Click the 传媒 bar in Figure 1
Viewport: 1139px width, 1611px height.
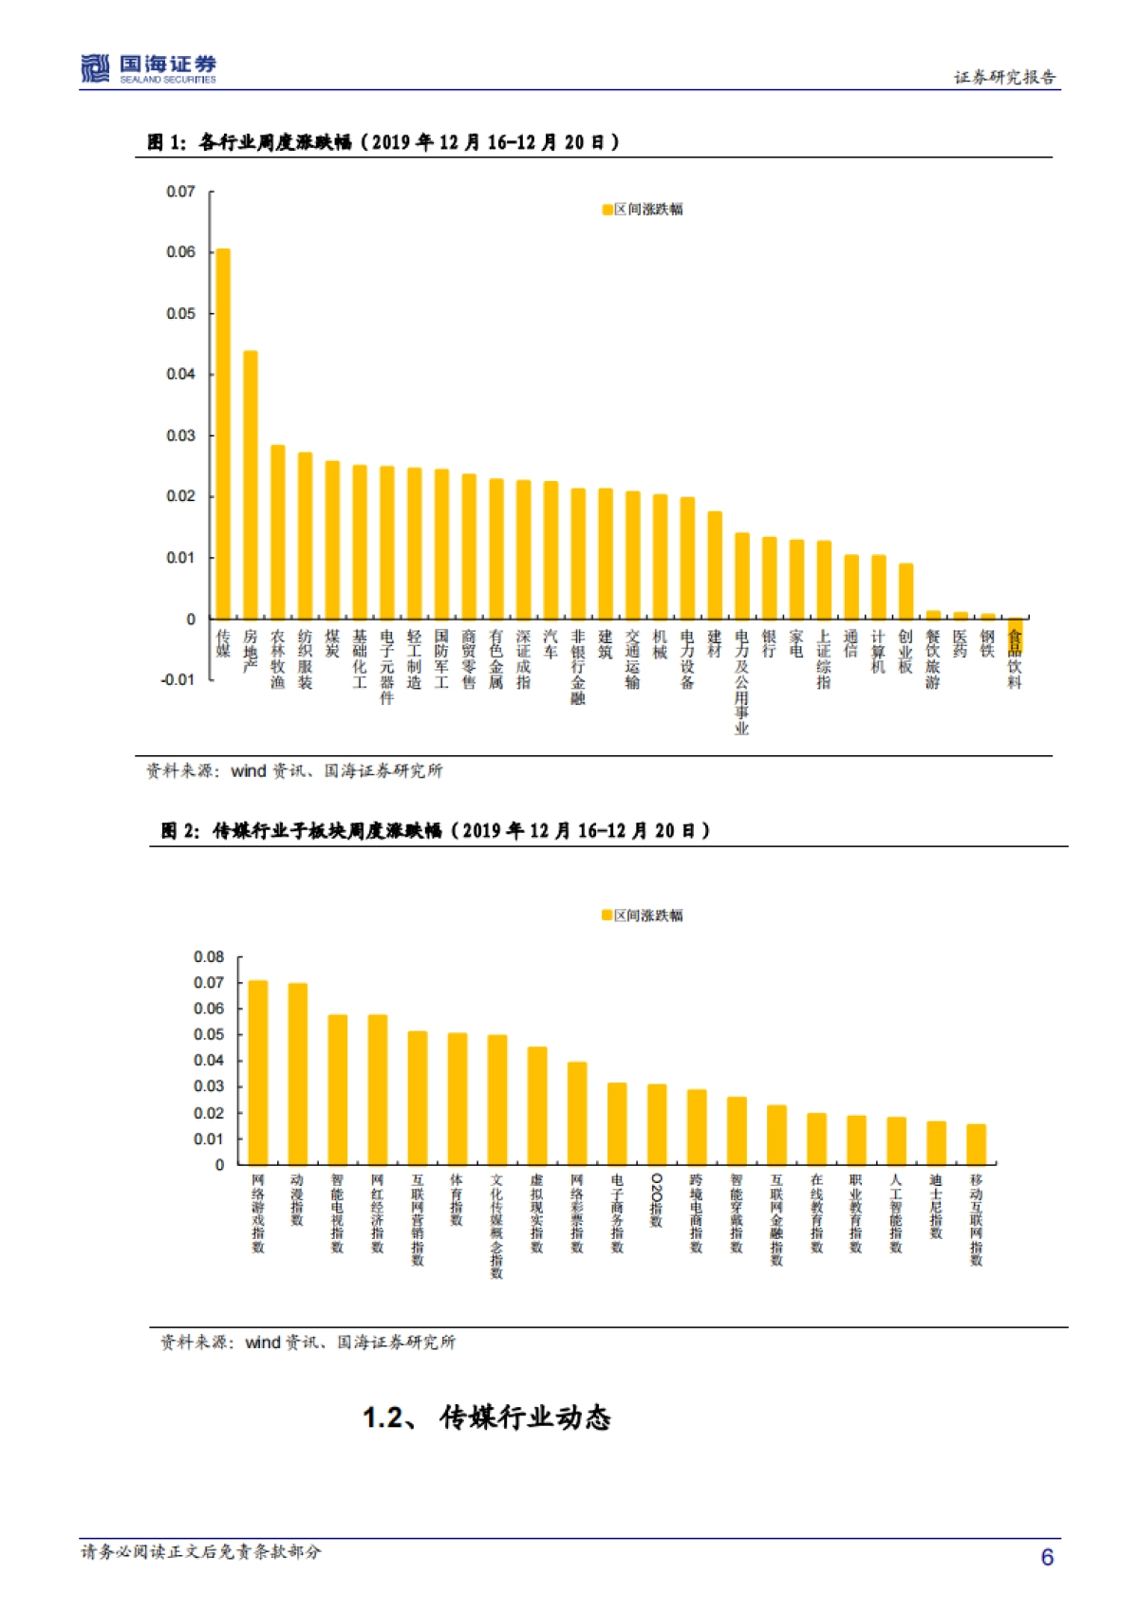[223, 434]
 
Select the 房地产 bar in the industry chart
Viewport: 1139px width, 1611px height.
[251, 485]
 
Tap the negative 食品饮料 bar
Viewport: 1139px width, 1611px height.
[1015, 634]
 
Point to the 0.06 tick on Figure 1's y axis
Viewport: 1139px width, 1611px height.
[180, 252]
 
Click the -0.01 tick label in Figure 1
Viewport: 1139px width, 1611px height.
[177, 680]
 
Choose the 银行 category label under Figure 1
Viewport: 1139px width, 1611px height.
[769, 644]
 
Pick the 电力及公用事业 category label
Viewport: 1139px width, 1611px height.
[741, 682]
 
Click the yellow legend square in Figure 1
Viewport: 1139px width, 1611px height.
[607, 210]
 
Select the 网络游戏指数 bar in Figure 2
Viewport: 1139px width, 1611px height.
[258, 1072]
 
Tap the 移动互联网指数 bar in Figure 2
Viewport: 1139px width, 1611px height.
[976, 1144]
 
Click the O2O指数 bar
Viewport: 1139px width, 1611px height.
[657, 1124]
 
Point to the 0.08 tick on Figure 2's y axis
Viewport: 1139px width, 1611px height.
[209, 957]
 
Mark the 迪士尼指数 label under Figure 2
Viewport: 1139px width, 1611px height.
[936, 1206]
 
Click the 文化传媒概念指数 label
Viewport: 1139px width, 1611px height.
[496, 1226]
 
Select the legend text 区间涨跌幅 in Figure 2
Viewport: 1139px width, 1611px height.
[648, 916]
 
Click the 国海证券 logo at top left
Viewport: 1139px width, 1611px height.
[149, 68]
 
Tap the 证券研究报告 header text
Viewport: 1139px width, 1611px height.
[1004, 78]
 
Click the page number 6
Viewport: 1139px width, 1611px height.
[1047, 1557]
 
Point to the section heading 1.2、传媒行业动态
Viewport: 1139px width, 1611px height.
[487, 1417]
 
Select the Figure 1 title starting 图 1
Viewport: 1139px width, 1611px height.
[383, 142]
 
